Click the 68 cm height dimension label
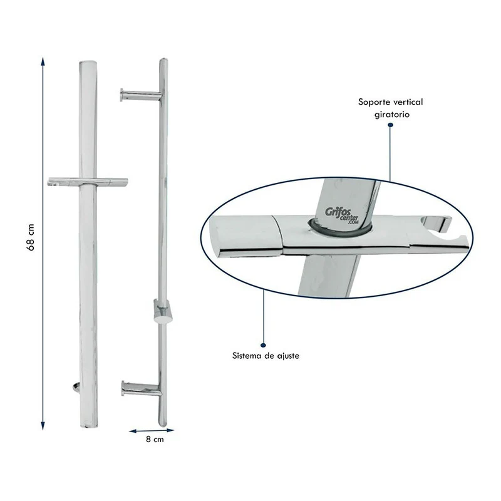30,238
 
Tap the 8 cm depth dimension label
155,440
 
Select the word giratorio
392,115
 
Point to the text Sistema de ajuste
266,356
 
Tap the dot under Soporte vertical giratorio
390,125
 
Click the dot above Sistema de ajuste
263,345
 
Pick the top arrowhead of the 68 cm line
43,61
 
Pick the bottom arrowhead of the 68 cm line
43,426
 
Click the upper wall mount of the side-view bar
140,95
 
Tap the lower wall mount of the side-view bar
142,388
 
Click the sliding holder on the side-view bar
163,311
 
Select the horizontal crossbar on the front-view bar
88,182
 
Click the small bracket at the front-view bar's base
75,387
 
